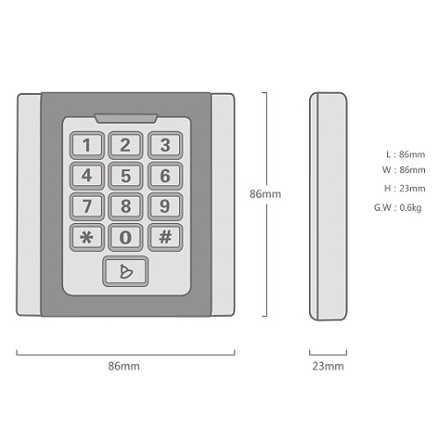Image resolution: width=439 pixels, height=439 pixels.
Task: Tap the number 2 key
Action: [126, 145]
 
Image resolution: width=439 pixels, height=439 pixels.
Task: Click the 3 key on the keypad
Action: [165, 145]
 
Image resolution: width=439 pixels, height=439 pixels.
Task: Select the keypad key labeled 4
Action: [87, 176]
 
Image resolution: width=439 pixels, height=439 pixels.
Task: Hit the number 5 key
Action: [126, 176]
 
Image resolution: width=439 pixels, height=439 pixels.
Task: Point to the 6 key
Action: [165, 176]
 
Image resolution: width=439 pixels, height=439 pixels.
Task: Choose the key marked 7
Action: [87, 206]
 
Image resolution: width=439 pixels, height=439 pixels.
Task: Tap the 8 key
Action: [126, 206]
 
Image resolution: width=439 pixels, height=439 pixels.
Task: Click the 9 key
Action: [165, 206]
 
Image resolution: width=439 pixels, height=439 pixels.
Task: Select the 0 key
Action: [126, 237]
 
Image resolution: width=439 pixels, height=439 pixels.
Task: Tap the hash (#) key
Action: [165, 237]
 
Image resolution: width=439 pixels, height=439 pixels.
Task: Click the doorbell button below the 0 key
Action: [126, 271]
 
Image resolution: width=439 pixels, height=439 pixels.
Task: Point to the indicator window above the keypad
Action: [126, 119]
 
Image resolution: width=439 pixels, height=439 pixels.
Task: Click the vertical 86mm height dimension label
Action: [265, 194]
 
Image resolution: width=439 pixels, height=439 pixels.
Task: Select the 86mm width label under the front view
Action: [124, 366]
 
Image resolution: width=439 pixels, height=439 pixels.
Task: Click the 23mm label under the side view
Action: [327, 366]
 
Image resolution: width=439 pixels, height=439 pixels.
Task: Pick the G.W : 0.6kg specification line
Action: [398, 207]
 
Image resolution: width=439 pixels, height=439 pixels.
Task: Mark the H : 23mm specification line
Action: [405, 189]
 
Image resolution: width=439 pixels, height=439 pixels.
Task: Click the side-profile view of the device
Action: [328, 206]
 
